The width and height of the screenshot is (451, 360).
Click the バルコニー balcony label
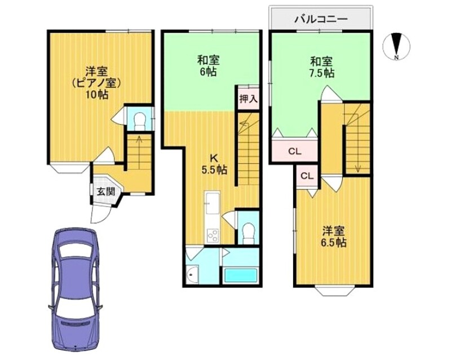coord(321,19)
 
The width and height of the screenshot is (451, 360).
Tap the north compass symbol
coord(396,46)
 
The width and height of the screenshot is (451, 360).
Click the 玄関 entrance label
coord(106,191)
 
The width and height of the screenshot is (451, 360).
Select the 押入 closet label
coord(248,99)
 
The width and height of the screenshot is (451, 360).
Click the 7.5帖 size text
coord(321,73)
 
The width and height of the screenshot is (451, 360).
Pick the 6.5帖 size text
coord(334,243)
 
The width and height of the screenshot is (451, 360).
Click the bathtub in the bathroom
coord(240,275)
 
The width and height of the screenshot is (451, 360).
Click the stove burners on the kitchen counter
coord(213,234)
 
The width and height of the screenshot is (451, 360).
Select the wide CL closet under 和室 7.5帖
coord(295,151)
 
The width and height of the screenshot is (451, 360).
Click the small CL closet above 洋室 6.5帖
coord(307,176)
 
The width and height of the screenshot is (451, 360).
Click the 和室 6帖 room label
coord(209,65)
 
